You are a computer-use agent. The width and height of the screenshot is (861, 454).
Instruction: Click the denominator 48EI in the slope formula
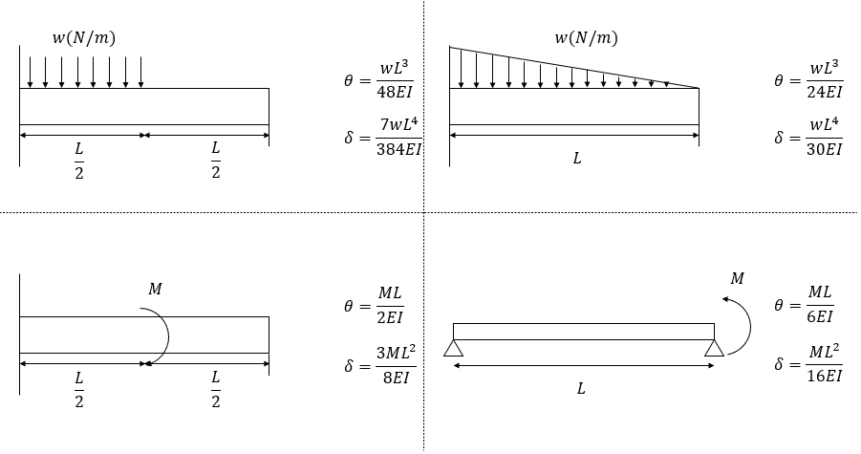395,92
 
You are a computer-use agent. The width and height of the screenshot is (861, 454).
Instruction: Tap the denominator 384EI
398,149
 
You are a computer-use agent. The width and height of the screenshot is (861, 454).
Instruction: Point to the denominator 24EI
825,92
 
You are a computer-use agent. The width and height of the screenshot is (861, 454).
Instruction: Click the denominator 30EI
825,149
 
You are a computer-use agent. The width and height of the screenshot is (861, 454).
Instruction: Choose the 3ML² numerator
396,353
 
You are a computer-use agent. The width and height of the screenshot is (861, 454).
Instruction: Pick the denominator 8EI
396,378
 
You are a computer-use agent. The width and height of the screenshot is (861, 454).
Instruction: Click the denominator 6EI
820,316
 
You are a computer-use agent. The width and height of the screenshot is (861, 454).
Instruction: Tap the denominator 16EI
825,376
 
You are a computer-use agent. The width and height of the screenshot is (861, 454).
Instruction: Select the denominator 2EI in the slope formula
390,317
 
